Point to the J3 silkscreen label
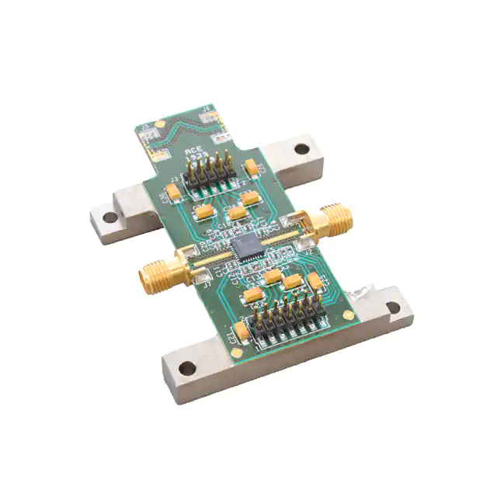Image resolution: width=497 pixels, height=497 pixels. [176, 180]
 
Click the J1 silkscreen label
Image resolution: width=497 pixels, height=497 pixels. [207, 286]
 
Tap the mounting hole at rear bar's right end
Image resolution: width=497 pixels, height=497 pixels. [299, 146]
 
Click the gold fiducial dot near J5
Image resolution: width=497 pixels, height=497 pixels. [158, 123]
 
